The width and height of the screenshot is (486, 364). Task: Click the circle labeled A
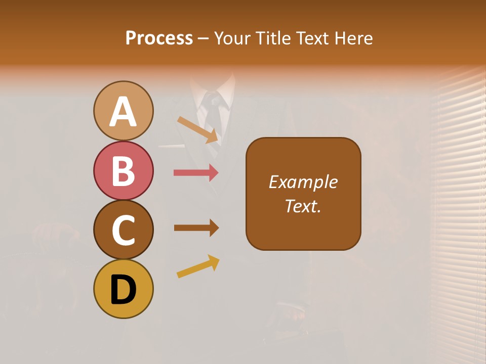[x=124, y=111]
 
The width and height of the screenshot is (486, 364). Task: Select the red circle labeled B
[x=124, y=170]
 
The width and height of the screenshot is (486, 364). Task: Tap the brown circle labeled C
[x=124, y=230]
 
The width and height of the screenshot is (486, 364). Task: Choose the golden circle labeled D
[x=124, y=289]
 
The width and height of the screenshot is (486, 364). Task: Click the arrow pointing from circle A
[x=198, y=129]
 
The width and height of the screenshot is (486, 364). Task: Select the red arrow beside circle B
[x=196, y=173]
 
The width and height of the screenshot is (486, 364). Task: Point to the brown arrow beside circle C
[x=196, y=228]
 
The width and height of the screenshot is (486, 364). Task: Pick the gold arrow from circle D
[x=198, y=266]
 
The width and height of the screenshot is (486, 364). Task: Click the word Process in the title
[x=159, y=38]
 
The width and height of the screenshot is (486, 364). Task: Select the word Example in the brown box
[x=303, y=182]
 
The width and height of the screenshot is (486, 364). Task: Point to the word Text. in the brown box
[x=303, y=206]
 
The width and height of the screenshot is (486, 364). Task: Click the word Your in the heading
[x=232, y=38]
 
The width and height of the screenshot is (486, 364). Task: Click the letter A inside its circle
[x=124, y=112]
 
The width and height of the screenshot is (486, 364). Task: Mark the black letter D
[x=124, y=290]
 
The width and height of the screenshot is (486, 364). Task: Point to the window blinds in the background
[x=458, y=202]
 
